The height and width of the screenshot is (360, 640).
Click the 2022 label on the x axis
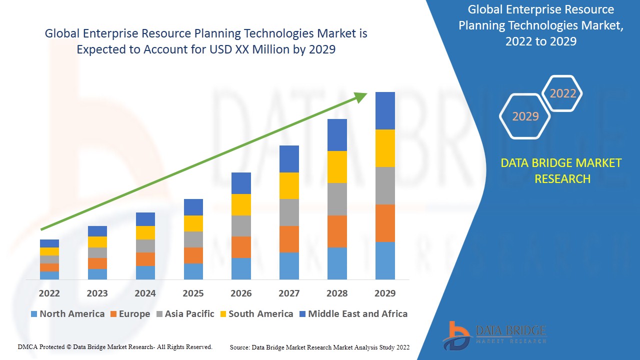[x=49, y=293]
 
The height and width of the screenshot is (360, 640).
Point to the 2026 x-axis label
[x=241, y=293]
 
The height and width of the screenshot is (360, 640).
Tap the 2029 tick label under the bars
[x=385, y=293]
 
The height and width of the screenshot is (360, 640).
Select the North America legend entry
[x=67, y=314]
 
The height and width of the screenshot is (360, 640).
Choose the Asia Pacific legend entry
[x=185, y=314]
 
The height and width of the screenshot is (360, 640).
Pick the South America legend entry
[x=256, y=314]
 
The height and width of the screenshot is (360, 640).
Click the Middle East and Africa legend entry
[x=353, y=314]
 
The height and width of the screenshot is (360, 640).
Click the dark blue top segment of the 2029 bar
[x=385, y=110]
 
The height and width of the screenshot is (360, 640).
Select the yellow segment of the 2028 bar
[x=337, y=167]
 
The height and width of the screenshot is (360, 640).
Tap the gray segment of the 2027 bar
[x=289, y=212]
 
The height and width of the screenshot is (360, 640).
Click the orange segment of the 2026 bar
[x=241, y=247]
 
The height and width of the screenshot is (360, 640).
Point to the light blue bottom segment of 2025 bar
[x=193, y=271]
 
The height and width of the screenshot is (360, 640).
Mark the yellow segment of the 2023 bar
[x=97, y=242]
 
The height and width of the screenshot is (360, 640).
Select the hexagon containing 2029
[x=525, y=116]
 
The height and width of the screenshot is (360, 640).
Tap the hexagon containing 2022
[x=563, y=93]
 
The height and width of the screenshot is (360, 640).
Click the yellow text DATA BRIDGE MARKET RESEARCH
[x=561, y=170]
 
